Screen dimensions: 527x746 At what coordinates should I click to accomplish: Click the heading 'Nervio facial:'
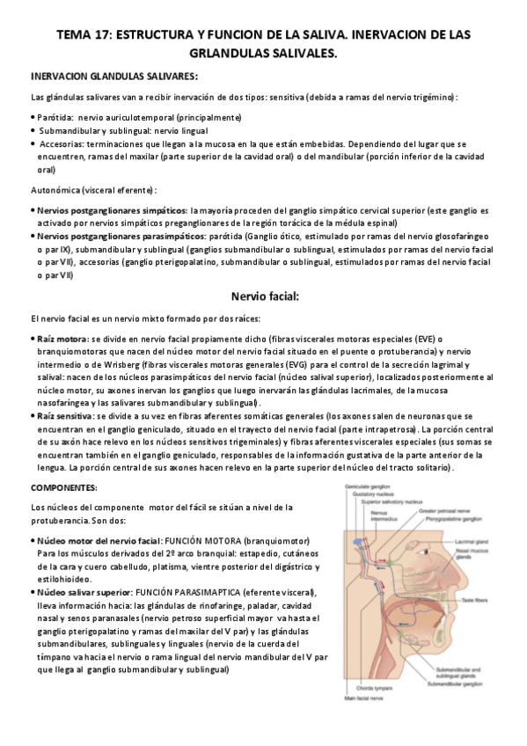(263, 296)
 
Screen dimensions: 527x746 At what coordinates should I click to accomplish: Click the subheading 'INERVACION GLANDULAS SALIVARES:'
(114, 77)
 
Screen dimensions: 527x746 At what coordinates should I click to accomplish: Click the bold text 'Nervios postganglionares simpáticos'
(111, 212)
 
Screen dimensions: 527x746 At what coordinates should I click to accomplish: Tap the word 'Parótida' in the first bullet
(55, 116)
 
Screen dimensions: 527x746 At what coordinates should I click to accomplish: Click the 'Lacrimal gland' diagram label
(481, 544)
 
